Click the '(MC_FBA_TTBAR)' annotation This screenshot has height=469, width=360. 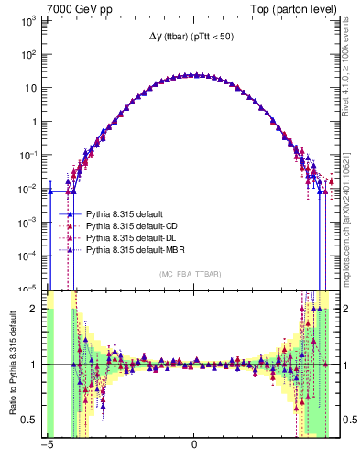192,274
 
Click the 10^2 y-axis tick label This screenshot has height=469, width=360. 28,54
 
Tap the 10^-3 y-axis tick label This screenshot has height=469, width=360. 28,222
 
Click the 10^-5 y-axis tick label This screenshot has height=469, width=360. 28,288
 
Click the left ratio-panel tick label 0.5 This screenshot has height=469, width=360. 32,420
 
